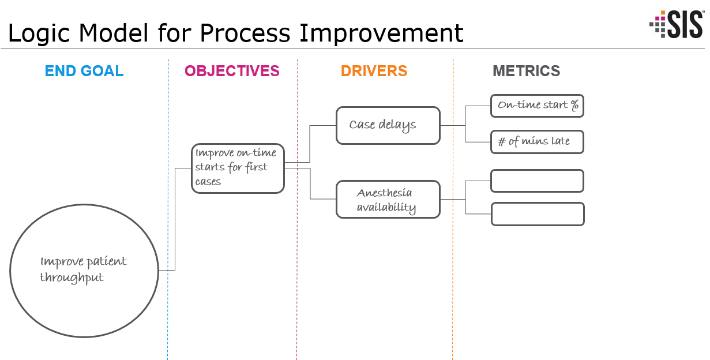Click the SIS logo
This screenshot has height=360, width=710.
tap(676, 24)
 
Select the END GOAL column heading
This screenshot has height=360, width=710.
tap(84, 71)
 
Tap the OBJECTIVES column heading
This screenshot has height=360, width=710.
tap(232, 71)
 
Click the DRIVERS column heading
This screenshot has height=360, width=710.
tap(374, 71)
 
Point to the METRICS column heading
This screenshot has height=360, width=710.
tap(526, 71)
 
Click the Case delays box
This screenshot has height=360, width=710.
tap(388, 125)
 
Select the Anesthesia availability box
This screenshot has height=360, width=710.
tap(388, 200)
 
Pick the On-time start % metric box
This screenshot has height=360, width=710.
tap(536, 106)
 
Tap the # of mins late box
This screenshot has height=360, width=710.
tap(536, 142)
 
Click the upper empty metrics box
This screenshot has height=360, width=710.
tap(536, 181)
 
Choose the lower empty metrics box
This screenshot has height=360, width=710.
tap(537, 214)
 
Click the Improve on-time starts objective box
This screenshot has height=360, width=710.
tap(238, 168)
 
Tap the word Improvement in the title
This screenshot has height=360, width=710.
tap(382, 33)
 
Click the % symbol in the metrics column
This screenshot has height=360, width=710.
tap(574, 106)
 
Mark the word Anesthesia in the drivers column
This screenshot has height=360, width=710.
tap(384, 193)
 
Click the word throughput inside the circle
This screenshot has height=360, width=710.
tap(72, 278)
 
